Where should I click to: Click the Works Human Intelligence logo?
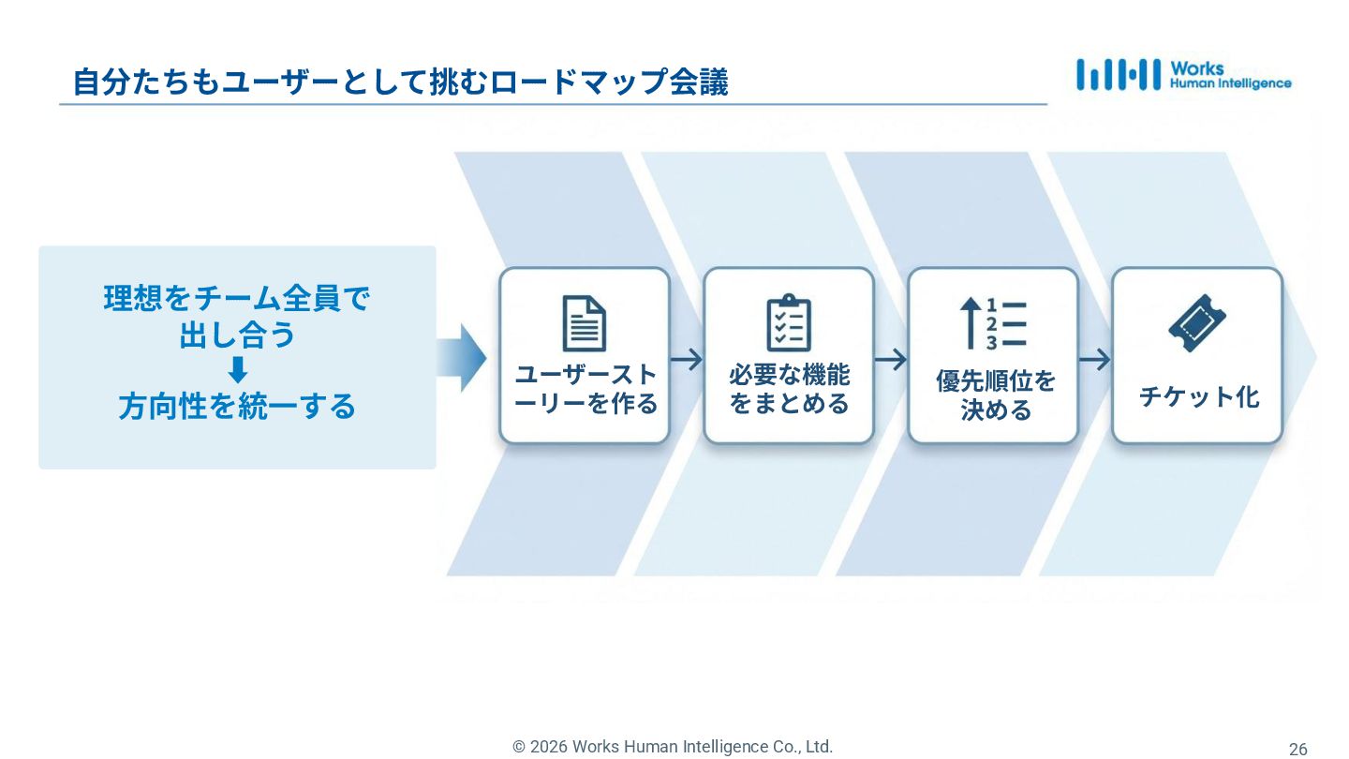(x=1183, y=75)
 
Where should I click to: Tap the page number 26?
(x=1297, y=749)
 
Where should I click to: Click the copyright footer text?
(x=672, y=747)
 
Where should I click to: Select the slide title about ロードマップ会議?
(x=400, y=82)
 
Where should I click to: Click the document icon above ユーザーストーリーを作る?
(x=584, y=323)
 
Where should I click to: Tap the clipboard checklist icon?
(x=788, y=323)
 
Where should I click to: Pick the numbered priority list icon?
(x=993, y=323)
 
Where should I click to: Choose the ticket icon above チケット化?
(x=1197, y=323)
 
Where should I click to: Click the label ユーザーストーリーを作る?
(x=586, y=389)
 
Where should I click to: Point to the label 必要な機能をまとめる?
(x=789, y=389)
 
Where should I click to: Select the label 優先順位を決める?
(x=995, y=394)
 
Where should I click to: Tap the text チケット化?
(x=1198, y=396)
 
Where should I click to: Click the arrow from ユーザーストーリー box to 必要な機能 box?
(x=687, y=359)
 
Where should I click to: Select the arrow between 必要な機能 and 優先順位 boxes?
(x=891, y=359)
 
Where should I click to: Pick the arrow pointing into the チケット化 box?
(x=1094, y=359)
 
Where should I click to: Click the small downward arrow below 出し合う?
(x=238, y=370)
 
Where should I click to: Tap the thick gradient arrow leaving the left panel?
(x=462, y=358)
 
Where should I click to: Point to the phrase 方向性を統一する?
(x=237, y=407)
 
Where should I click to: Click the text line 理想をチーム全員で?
(x=237, y=299)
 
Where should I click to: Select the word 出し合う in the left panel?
(x=237, y=335)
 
